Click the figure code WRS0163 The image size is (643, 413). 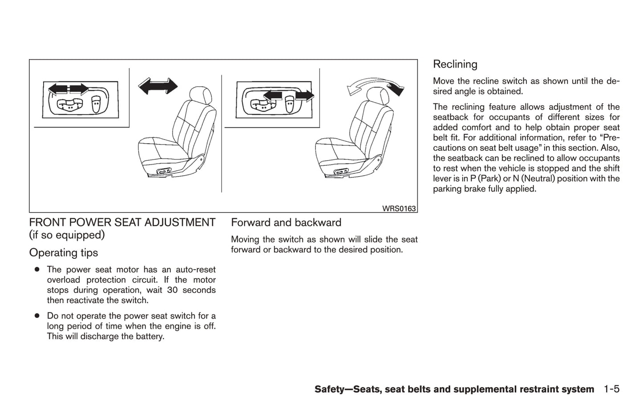[399, 209]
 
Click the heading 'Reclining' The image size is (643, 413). [455, 64]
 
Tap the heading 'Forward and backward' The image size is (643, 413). [286, 223]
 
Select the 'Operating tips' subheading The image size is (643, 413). [64, 253]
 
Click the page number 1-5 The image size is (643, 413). [611, 389]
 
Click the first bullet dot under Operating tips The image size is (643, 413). [37, 269]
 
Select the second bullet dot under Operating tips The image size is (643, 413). [37, 316]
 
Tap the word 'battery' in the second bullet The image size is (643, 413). [150, 337]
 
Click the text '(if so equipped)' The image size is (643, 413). [67, 235]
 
